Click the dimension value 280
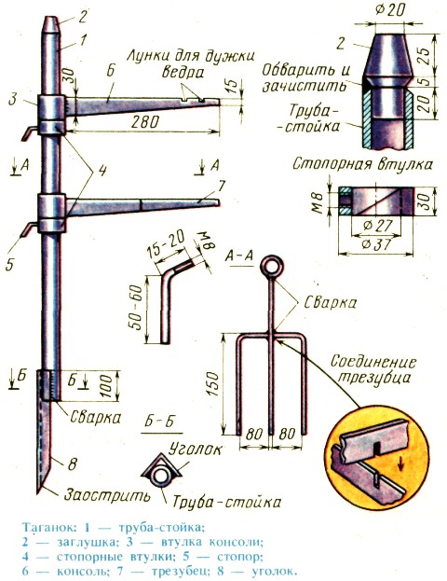pos(144,122)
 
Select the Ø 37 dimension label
pos(376,243)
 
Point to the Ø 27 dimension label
pos(376,226)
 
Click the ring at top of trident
pos(272,267)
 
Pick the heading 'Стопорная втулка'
pos(362,163)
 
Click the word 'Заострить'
pos(107,495)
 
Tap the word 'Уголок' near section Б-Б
pos(195,450)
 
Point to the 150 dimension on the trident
pos(212,384)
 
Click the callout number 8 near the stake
pos(72,463)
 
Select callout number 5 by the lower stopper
pos(10,264)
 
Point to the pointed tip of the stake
pos(38,492)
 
